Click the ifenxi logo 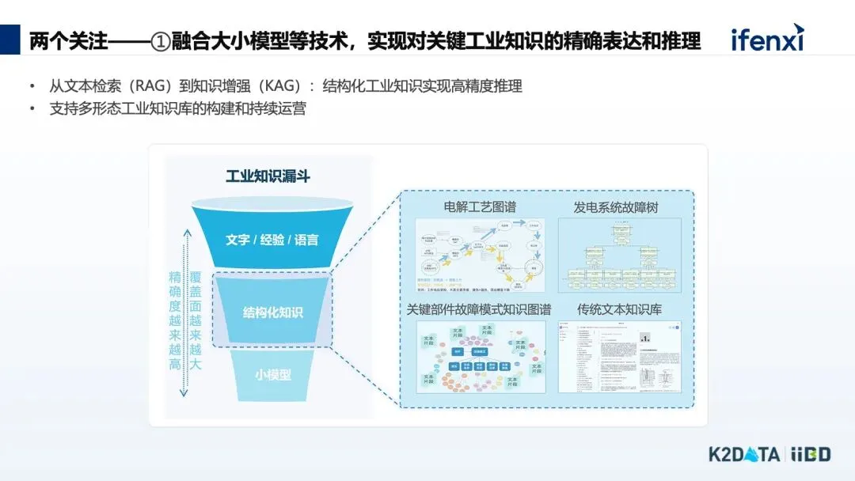[766, 38]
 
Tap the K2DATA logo [743, 455]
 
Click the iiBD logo [810, 455]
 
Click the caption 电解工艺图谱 [480, 207]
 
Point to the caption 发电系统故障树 [616, 207]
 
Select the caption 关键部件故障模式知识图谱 [479, 309]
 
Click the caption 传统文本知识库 [619, 309]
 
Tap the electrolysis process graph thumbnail [481, 255]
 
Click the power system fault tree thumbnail [619, 255]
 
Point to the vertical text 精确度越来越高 [175, 320]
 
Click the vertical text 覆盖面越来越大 [196, 320]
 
